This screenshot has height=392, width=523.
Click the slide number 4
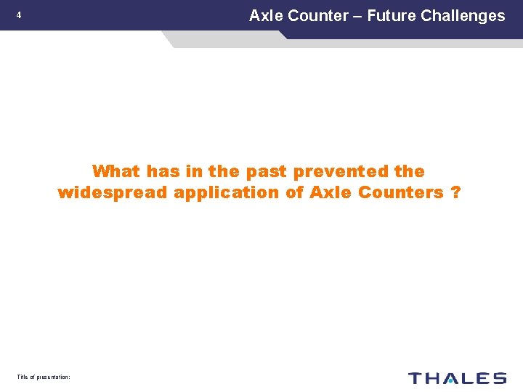click(19, 15)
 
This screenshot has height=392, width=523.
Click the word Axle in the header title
click(263, 15)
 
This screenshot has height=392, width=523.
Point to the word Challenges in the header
click(463, 15)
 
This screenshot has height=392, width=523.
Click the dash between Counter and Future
click(357, 16)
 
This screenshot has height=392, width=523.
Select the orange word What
click(116, 171)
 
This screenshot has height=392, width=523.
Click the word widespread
click(113, 192)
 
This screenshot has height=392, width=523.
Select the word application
click(227, 193)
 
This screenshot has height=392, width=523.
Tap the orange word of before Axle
click(296, 192)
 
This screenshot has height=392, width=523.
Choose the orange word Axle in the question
click(331, 192)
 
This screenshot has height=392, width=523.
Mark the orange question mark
click(455, 192)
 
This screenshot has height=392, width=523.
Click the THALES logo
click(457, 377)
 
